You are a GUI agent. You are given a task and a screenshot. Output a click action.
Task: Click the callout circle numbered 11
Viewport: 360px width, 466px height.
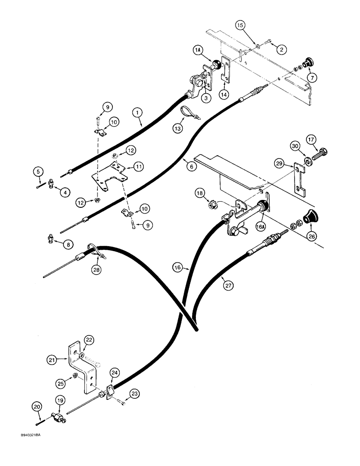(x=138, y=166)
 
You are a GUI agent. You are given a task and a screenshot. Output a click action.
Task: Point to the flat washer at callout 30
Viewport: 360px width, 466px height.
(x=308, y=162)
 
